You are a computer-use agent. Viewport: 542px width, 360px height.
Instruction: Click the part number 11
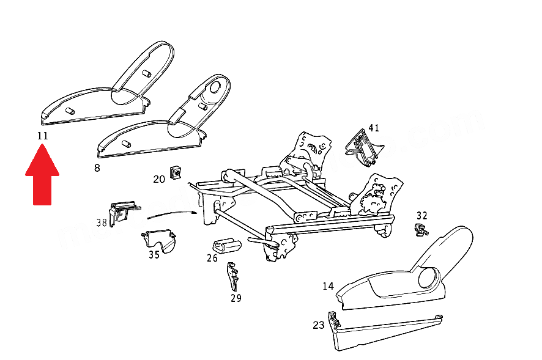click(x=42, y=136)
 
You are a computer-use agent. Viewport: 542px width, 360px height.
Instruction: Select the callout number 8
click(x=97, y=167)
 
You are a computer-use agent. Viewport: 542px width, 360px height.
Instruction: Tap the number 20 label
click(x=159, y=179)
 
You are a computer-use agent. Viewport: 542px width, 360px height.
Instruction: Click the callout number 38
click(x=102, y=222)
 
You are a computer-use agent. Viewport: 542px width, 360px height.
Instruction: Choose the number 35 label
click(x=154, y=254)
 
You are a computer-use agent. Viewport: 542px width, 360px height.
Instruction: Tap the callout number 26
click(x=212, y=258)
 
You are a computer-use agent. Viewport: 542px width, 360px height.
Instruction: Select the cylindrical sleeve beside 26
click(x=226, y=246)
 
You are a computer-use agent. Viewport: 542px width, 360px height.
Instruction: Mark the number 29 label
click(x=236, y=298)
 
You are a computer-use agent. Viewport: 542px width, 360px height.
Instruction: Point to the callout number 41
click(x=374, y=128)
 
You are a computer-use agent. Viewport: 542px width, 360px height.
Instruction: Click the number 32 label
click(x=422, y=216)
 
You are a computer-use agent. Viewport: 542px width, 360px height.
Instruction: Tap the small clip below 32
click(x=420, y=230)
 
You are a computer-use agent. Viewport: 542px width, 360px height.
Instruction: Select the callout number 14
click(x=329, y=285)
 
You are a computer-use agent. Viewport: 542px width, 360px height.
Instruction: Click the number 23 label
click(x=319, y=325)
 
